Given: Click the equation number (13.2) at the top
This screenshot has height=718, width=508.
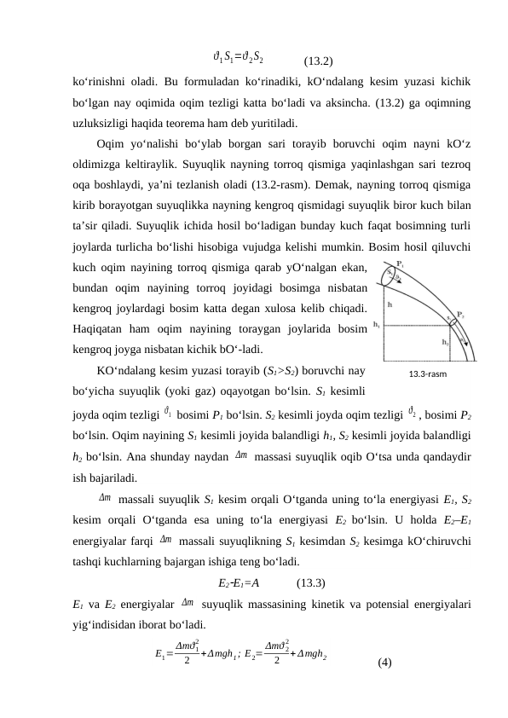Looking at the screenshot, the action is click(318, 61).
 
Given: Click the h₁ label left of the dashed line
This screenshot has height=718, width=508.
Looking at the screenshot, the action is click(378, 324).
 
